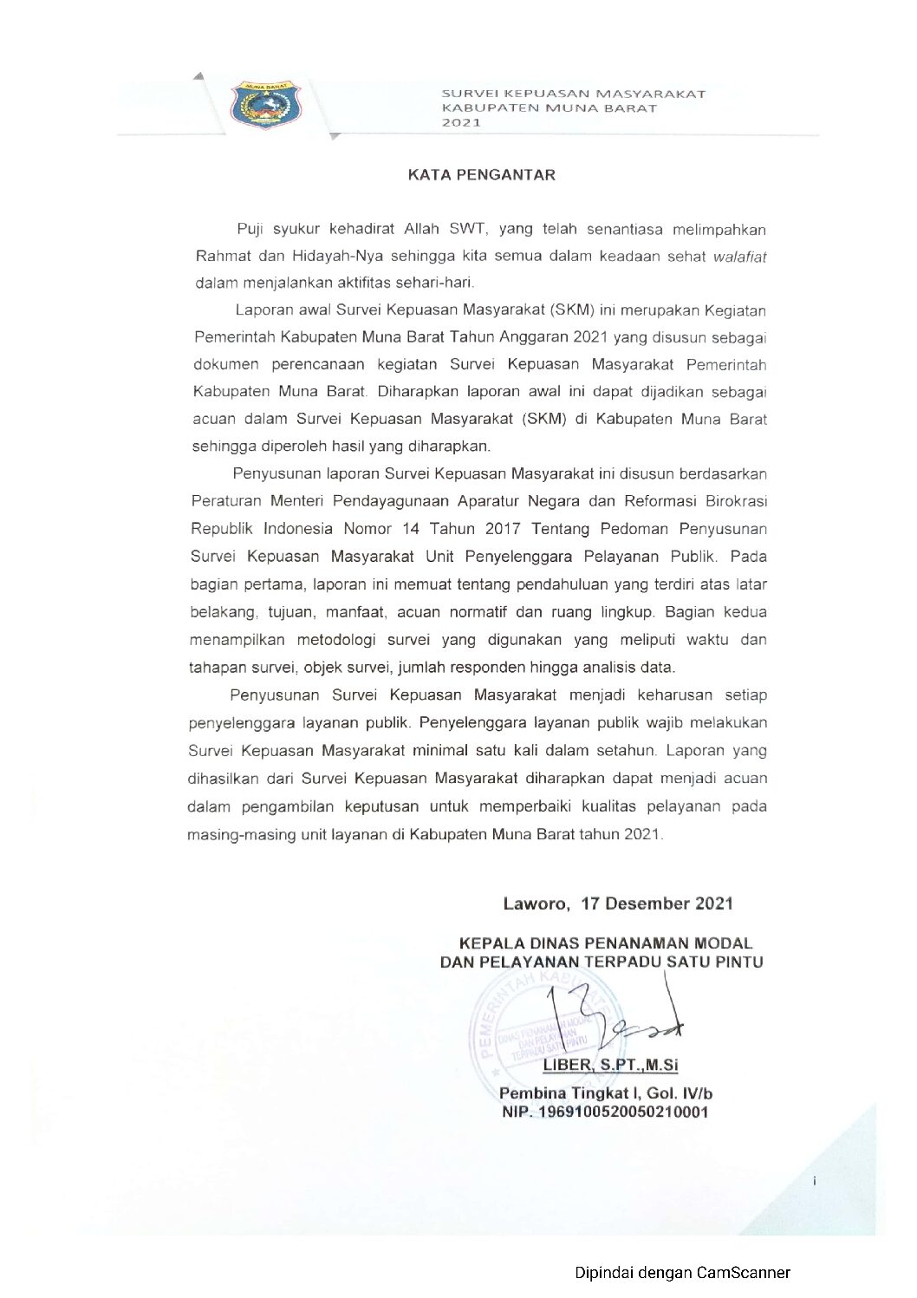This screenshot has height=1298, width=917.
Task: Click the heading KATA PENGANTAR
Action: click(x=482, y=174)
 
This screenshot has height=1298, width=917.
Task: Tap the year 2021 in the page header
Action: click(x=461, y=122)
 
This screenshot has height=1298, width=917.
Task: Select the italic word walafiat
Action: click(x=739, y=257)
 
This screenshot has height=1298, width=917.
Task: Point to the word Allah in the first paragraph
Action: click(x=423, y=229)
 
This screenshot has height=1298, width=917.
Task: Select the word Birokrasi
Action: click(x=730, y=500)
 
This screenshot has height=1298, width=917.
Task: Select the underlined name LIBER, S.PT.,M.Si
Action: click(x=610, y=1065)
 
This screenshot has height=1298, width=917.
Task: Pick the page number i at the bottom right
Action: click(x=815, y=1180)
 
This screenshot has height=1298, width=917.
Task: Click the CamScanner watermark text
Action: click(x=682, y=1272)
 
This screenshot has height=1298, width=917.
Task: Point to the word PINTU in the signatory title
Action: click(x=738, y=962)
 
